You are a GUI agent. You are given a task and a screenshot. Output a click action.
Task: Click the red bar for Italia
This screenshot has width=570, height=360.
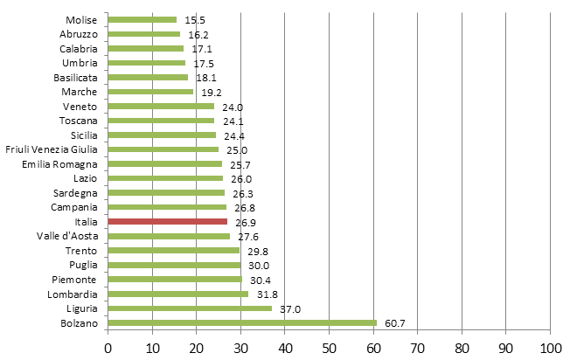coord(168,221)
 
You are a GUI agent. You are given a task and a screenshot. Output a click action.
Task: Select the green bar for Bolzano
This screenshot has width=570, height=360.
coord(242,322)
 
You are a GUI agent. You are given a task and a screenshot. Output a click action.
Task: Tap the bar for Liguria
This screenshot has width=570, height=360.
coord(190,308)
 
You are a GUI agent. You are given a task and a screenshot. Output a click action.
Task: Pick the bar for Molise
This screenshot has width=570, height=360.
coord(142,19)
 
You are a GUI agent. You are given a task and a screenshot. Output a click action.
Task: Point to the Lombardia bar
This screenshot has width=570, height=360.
coord(178,294)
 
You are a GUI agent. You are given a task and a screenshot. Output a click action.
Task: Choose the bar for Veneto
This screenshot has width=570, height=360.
coord(161,106)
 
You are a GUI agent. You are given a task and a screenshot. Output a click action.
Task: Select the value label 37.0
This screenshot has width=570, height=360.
coord(286,308)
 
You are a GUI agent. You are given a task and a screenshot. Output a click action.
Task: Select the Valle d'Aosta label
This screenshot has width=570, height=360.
coord(72,236)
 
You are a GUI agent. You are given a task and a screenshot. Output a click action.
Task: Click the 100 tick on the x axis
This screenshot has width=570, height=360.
coord(550,347)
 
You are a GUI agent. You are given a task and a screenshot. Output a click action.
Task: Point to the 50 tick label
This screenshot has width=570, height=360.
coord(329,347)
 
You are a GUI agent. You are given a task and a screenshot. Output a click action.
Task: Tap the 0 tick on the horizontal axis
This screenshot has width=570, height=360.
coord(108,347)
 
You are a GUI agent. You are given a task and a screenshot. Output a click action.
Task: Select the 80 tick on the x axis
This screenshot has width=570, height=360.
coord(462,347)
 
